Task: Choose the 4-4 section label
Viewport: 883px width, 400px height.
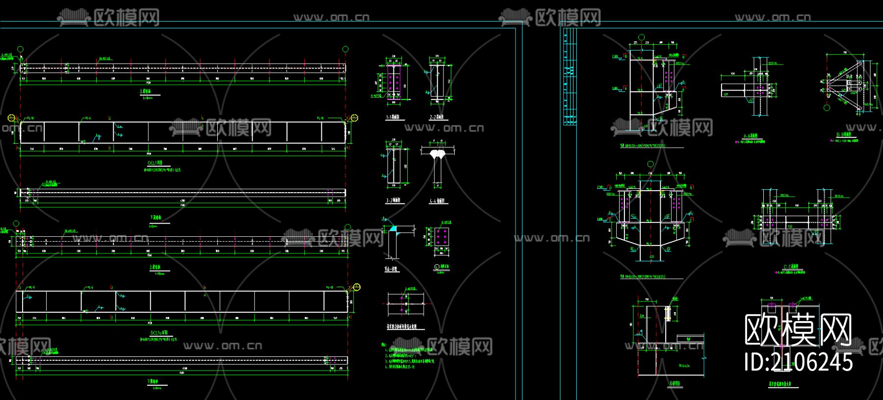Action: click(x=437, y=200)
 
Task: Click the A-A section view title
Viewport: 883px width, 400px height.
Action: click(x=750, y=136)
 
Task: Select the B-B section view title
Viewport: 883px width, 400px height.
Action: click(x=844, y=134)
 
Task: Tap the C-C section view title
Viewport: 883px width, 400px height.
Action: click(x=791, y=267)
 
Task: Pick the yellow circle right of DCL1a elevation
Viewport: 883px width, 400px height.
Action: click(x=357, y=287)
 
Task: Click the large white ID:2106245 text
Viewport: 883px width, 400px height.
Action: click(x=798, y=362)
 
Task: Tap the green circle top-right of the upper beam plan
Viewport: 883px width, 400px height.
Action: click(x=345, y=49)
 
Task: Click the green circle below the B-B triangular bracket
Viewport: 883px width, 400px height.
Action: click(x=827, y=107)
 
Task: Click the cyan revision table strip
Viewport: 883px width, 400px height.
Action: click(x=570, y=76)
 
